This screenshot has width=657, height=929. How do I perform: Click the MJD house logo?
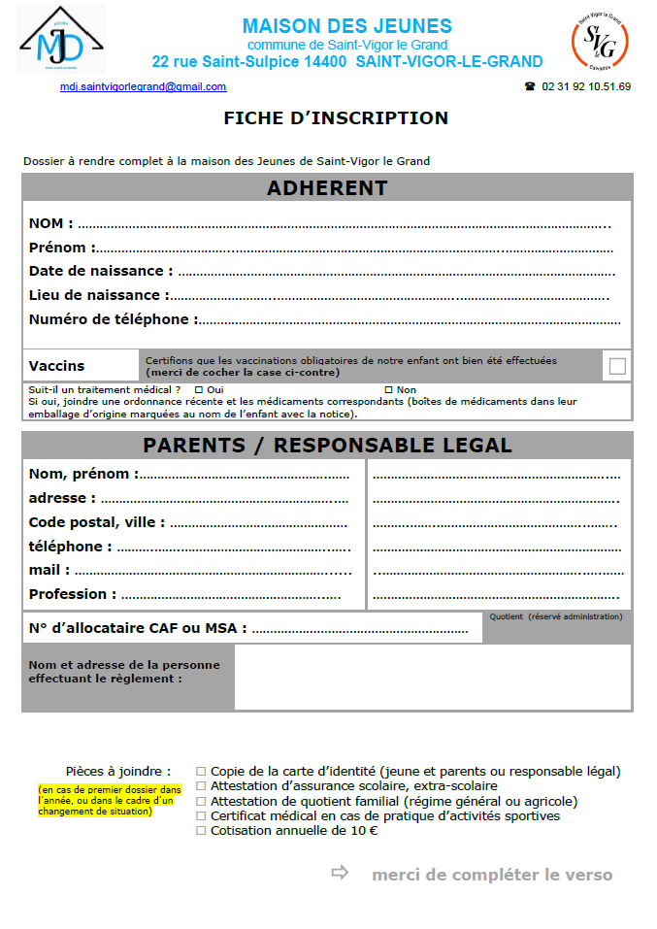pos(60,39)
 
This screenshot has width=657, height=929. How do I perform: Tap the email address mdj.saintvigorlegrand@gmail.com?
pos(143,86)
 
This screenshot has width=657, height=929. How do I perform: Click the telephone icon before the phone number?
pos(530,86)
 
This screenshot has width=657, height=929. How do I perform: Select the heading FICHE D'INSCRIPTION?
pos(336,118)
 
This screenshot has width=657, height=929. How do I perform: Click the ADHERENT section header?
pos(327,188)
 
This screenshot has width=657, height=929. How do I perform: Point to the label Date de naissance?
pos(101,271)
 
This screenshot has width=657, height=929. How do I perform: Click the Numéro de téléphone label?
pos(113,319)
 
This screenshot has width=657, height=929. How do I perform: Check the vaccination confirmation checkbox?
pos(617,366)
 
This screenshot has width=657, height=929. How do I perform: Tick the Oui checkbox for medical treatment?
pos(199,389)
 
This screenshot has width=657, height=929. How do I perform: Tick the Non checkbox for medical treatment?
pos(388,389)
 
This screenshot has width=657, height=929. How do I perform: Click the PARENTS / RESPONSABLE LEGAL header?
pos(327,446)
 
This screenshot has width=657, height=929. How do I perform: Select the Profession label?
pos(73,594)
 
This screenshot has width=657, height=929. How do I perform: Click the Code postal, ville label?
pos(96,522)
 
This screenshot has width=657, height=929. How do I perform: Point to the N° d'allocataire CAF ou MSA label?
pos(137,628)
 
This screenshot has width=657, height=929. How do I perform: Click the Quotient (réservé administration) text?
pos(556,616)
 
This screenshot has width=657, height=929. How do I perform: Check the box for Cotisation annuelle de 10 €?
pos(201,831)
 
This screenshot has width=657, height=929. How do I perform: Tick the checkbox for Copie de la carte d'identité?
pos(201,772)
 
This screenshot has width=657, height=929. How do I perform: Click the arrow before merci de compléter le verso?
pos(340,873)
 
